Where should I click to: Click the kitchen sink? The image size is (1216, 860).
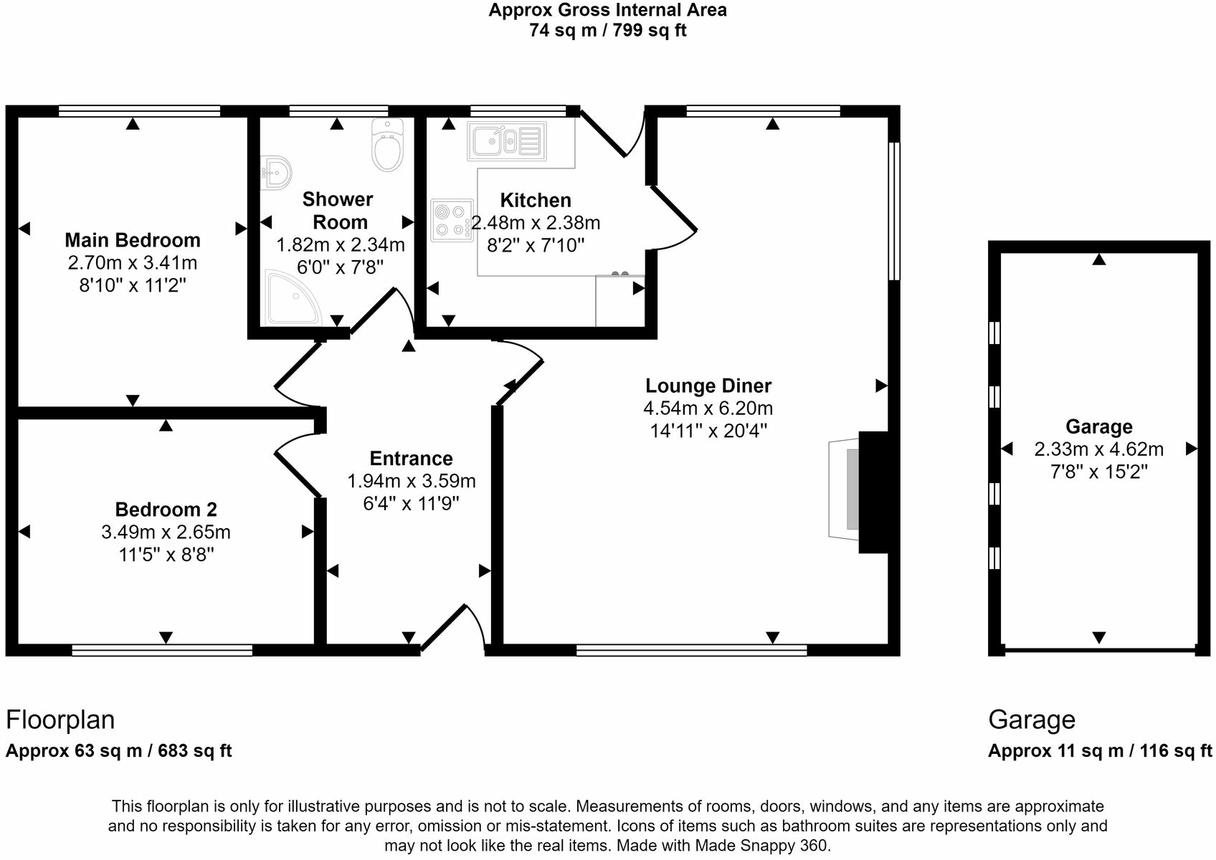pyautogui.click(x=506, y=140)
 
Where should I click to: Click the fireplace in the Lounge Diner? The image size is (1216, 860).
pyautogui.click(x=858, y=492)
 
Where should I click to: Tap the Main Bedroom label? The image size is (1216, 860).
pyautogui.click(x=133, y=240)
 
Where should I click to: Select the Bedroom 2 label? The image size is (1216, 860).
pyautogui.click(x=166, y=510)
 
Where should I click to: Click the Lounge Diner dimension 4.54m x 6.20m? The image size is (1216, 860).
pyautogui.click(x=708, y=408)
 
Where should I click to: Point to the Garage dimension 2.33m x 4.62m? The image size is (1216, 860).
pyautogui.click(x=1098, y=449)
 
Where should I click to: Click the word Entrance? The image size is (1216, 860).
pyautogui.click(x=411, y=459)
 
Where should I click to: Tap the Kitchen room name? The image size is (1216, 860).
pyautogui.click(x=536, y=200)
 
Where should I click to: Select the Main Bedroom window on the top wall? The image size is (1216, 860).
pyautogui.click(x=139, y=111)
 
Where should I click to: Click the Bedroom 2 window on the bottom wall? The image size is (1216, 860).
pyautogui.click(x=162, y=650)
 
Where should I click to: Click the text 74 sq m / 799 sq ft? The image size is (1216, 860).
pyautogui.click(x=607, y=31)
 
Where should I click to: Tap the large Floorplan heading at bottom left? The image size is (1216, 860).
pyautogui.click(x=60, y=720)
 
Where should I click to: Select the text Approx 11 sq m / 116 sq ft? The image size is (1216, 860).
pyautogui.click(x=1100, y=751)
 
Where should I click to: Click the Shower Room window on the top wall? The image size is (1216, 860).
pyautogui.click(x=338, y=111)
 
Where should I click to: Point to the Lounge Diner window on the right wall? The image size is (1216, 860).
pyautogui.click(x=894, y=211)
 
